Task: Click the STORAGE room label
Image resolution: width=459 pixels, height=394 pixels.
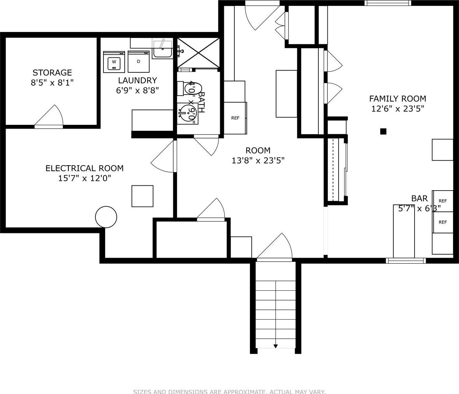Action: (52, 73)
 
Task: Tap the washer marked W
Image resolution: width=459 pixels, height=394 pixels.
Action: (114, 62)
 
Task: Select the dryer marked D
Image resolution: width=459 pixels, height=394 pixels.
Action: (139, 62)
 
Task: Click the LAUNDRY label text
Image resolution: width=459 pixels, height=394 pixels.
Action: (137, 80)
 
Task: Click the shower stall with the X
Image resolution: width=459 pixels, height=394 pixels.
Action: (198, 53)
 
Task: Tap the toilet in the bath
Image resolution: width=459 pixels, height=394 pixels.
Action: (187, 88)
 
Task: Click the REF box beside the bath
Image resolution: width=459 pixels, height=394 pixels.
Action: (235, 118)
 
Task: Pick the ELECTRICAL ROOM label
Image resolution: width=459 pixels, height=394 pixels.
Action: (84, 168)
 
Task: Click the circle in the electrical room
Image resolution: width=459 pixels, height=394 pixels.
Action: (106, 217)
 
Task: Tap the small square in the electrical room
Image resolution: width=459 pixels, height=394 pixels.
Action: (142, 196)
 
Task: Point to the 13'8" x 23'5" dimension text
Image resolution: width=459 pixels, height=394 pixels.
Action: (258, 160)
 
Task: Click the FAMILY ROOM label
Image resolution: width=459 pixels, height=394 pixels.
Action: (398, 98)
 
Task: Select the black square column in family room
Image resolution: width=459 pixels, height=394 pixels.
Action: (383, 131)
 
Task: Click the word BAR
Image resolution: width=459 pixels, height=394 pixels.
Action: (419, 199)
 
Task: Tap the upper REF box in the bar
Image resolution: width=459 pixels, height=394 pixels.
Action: (443, 201)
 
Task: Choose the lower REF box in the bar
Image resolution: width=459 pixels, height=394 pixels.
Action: (443, 222)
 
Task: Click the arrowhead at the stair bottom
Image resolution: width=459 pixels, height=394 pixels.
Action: (275, 346)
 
